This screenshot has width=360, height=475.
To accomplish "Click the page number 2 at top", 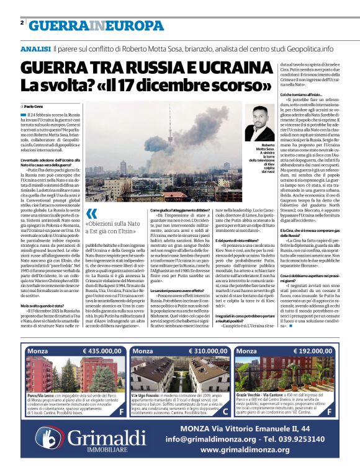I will click(x=22, y=22).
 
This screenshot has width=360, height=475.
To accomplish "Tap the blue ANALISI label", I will click(x=35, y=48).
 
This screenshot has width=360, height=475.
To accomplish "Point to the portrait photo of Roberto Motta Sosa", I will click(x=259, y=122).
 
